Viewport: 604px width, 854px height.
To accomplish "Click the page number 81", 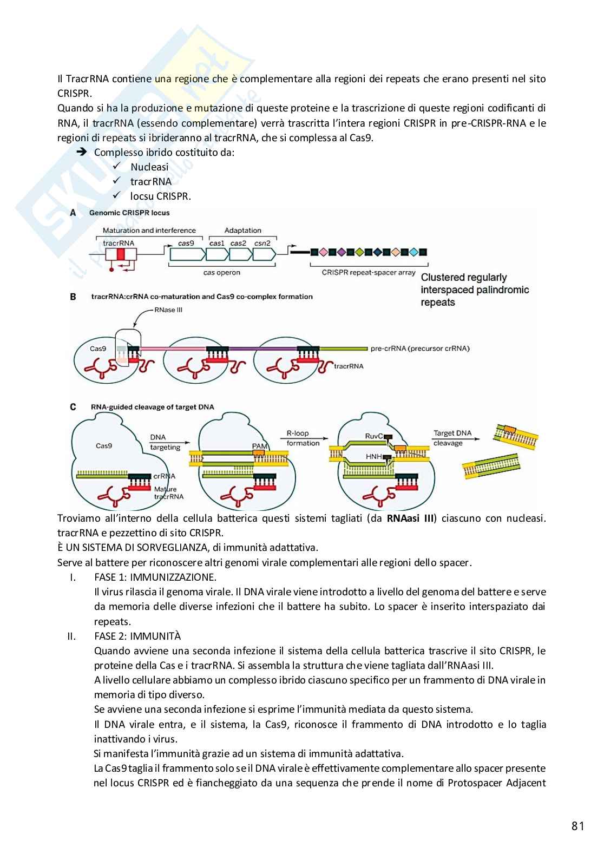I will (x=577, y=826).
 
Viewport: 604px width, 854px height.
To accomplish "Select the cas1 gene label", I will (x=216, y=244).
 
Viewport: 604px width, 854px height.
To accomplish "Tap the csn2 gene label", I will (x=262, y=244).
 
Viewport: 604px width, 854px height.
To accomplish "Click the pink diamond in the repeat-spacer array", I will (x=323, y=252).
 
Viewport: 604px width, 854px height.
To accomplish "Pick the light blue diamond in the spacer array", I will (x=413, y=252).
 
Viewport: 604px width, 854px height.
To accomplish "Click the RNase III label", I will (x=169, y=310).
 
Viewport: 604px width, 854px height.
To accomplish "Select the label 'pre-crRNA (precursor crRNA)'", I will (x=420, y=348).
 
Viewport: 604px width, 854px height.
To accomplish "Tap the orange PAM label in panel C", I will (x=259, y=446).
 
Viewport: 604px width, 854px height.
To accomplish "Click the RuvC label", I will (x=374, y=436).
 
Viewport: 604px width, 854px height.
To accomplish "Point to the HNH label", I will (x=374, y=457).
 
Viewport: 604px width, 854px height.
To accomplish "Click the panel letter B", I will (x=73, y=297).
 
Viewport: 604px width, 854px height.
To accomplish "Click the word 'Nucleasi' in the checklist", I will (x=149, y=167).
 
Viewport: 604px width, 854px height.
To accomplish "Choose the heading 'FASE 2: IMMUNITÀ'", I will (x=137, y=636).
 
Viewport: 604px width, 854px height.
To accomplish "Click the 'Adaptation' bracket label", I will (x=243, y=231).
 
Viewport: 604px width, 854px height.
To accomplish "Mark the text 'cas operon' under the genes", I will (x=222, y=273).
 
